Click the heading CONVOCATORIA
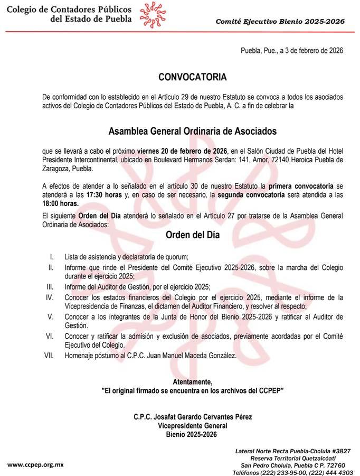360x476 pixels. tap(192, 77)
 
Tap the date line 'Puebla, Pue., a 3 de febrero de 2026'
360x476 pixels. tap(292, 51)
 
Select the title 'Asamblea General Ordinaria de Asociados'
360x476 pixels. tap(192, 130)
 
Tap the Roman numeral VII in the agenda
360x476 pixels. tap(50, 356)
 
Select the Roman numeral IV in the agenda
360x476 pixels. tap(51, 297)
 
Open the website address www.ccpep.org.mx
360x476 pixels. tap(35, 464)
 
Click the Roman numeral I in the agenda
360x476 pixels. tap(52, 257)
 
